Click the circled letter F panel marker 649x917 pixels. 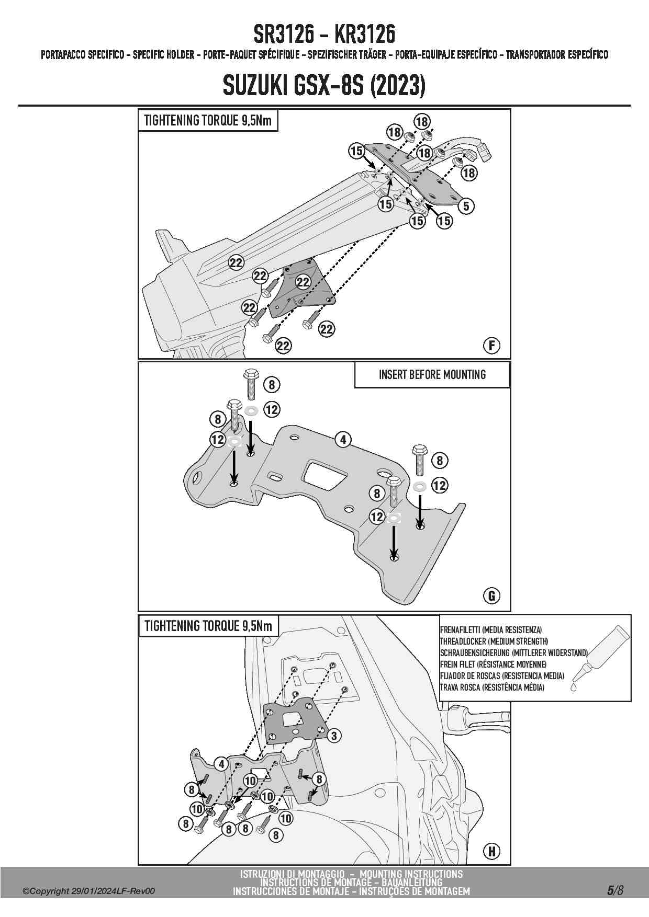[x=492, y=346]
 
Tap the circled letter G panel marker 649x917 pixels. [x=492, y=595]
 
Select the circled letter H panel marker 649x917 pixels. [x=492, y=851]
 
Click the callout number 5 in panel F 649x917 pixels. [x=466, y=206]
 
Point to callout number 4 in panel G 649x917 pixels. [x=343, y=440]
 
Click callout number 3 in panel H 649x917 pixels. [x=334, y=736]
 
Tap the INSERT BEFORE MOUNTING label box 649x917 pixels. [x=432, y=375]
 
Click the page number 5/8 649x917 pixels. [x=615, y=890]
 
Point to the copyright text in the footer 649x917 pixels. [x=88, y=891]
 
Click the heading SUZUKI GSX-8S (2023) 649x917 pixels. [x=324, y=85]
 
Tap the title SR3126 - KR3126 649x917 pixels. [x=324, y=35]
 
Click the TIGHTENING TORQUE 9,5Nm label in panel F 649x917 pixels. [x=208, y=121]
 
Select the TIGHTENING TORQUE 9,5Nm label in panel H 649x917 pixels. [x=208, y=626]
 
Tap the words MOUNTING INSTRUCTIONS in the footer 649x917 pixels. [x=411, y=874]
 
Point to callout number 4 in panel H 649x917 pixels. [x=221, y=764]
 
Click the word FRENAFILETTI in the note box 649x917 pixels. [x=460, y=630]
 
